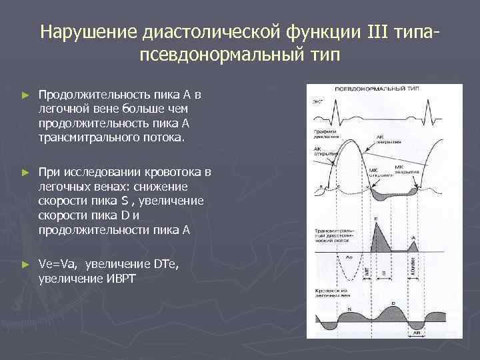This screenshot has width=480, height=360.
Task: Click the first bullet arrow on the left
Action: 25,95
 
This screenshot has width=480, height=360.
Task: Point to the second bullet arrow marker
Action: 25,173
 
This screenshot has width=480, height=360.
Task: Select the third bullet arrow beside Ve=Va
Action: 25,265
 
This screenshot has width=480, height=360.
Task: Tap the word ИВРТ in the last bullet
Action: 119,277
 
